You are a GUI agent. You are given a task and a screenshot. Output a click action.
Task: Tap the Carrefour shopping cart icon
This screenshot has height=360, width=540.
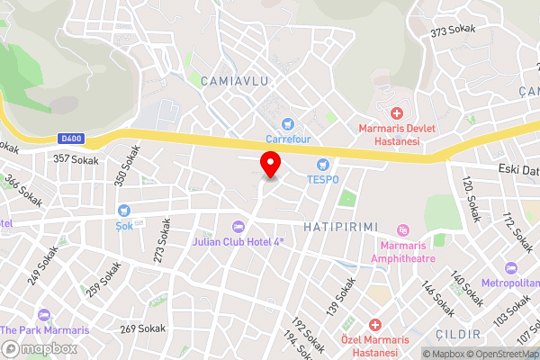(x=287, y=123)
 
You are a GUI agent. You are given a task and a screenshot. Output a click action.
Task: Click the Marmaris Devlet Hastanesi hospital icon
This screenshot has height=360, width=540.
(x=396, y=112)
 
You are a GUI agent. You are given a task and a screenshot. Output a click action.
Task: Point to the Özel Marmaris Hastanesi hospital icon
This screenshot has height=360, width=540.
(x=376, y=324)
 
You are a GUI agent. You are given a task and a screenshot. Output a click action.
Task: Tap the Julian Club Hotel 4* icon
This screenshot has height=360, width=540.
(x=238, y=227)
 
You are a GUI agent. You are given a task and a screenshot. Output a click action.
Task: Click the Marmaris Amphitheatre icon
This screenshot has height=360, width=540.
(x=402, y=231)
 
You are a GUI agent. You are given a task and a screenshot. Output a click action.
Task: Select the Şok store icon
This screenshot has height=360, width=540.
(x=124, y=211)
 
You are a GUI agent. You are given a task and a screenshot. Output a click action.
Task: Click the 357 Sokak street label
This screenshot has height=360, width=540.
(x=76, y=158)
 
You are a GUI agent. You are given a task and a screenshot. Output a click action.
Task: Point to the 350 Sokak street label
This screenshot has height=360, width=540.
(x=128, y=166)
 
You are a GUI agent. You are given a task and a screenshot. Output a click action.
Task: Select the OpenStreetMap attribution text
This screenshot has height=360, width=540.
(x=504, y=354)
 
